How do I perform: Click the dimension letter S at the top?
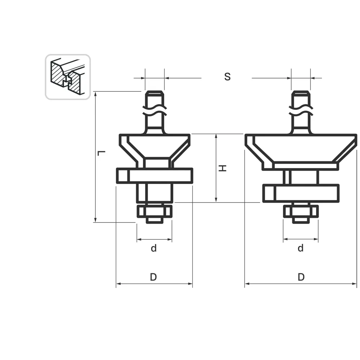click(227, 77)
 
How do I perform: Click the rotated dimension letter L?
click(101, 153)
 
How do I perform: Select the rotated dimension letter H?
click(222, 168)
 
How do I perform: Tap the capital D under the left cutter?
click(153, 277)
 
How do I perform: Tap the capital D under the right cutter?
click(301, 277)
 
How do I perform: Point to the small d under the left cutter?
click(154, 248)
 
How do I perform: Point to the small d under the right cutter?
click(301, 248)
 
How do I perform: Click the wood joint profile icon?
click(68, 77)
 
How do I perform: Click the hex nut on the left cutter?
click(154, 211)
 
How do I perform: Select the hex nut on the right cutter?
click(301, 211)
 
